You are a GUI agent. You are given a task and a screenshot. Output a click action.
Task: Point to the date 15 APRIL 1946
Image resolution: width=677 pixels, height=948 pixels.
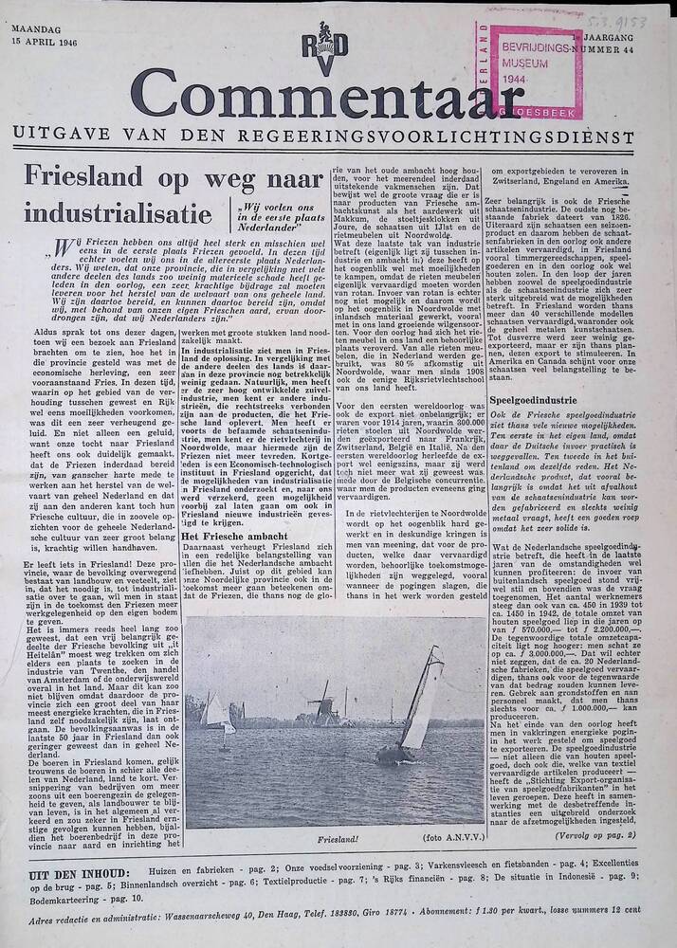tap(47, 44)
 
